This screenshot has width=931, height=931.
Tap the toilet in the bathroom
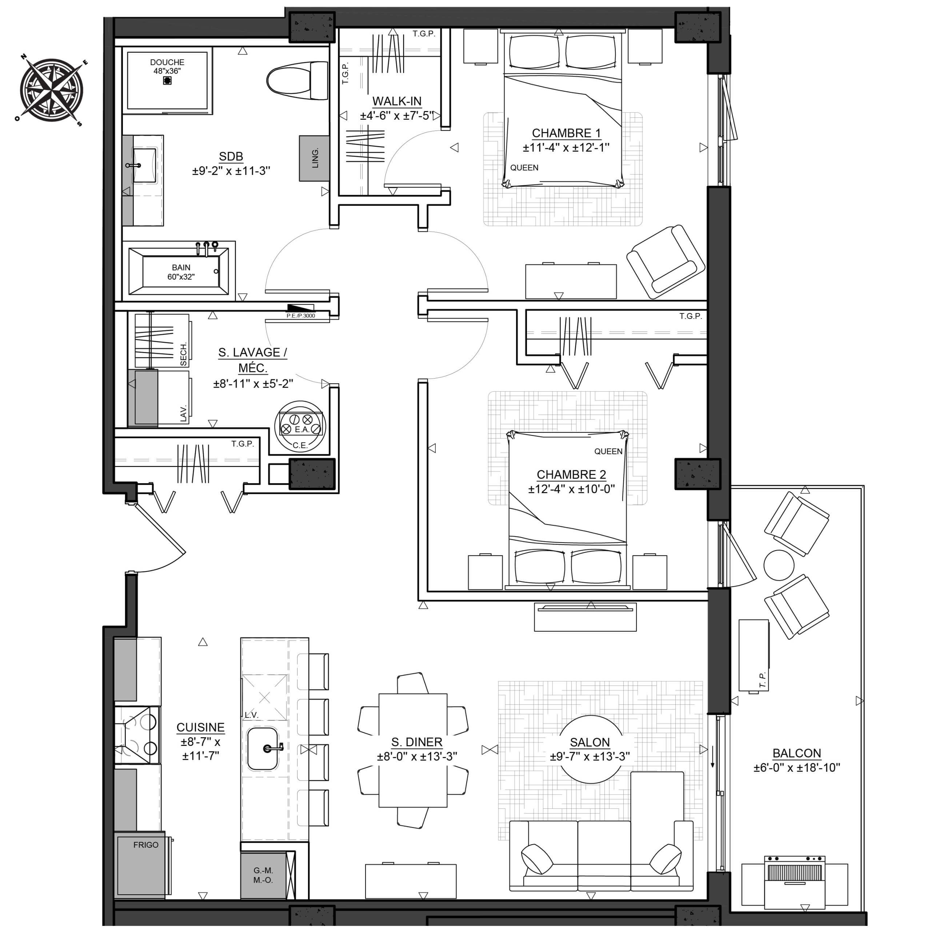coord(297,80)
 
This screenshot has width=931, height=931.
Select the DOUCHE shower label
coord(167,62)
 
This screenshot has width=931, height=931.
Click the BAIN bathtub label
coord(181,267)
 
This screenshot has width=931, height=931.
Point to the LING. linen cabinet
coord(314,158)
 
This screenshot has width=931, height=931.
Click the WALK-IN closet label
coord(397,101)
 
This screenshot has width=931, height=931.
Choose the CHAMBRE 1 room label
coord(566,133)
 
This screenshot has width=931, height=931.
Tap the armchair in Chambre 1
coord(666,262)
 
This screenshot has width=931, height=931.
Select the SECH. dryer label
coord(183,354)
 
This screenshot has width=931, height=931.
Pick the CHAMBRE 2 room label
coord(572,475)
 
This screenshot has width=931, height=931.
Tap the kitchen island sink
coord(263,749)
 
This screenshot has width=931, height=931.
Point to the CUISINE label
coord(200,728)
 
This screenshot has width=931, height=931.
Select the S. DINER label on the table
coord(417,742)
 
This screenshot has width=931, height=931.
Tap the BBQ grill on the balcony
coord(795,882)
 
